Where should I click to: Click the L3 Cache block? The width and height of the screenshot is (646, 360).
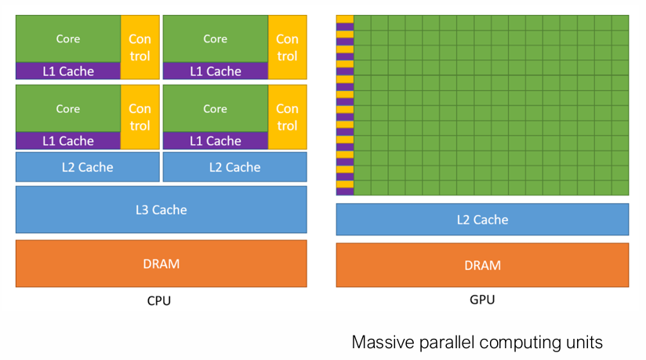tap(161, 209)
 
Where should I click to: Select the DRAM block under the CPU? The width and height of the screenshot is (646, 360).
tap(161, 264)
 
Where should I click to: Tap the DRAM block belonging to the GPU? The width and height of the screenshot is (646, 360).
tap(482, 265)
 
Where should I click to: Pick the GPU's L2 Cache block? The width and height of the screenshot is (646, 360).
tap(482, 220)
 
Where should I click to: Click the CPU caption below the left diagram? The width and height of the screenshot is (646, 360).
tap(159, 300)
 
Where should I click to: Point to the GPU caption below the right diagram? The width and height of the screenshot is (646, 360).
tap(482, 300)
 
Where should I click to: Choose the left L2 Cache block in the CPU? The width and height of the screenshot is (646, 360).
tap(88, 167)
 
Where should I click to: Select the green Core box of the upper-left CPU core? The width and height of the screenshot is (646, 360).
tap(68, 39)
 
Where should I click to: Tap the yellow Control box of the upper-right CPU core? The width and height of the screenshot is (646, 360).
tap(287, 47)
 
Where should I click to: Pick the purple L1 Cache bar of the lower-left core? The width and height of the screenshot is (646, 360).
tap(68, 141)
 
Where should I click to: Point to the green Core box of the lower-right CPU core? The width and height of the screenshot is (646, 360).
tap(215, 109)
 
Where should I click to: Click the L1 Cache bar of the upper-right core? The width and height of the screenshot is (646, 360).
tap(215, 71)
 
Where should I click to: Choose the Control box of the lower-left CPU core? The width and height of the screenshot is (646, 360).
tap(140, 117)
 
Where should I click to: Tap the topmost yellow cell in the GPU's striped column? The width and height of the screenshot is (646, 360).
tap(345, 19)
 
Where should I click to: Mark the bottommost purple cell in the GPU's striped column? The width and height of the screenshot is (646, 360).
tap(345, 191)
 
